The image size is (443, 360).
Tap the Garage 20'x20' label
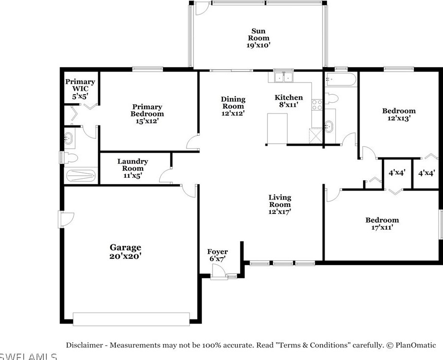click(125, 252)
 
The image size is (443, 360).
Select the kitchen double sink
click(284, 77)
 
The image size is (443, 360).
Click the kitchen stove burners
click(317, 105)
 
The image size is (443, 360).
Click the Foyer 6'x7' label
click(218, 255)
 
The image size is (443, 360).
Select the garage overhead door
click(131, 319)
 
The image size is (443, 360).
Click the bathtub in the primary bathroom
click(81, 175)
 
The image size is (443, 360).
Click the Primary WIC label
click(80, 89)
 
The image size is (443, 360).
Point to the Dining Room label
click(233, 106)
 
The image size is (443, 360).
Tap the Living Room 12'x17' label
click(280, 204)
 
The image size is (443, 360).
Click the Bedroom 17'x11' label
click(382, 223)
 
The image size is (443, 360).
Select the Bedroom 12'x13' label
click(399, 114)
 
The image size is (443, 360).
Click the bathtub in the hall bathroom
click(341, 80)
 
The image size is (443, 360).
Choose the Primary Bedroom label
click(147, 114)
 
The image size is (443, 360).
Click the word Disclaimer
click(84, 345)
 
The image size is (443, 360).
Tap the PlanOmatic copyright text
click(411, 345)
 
